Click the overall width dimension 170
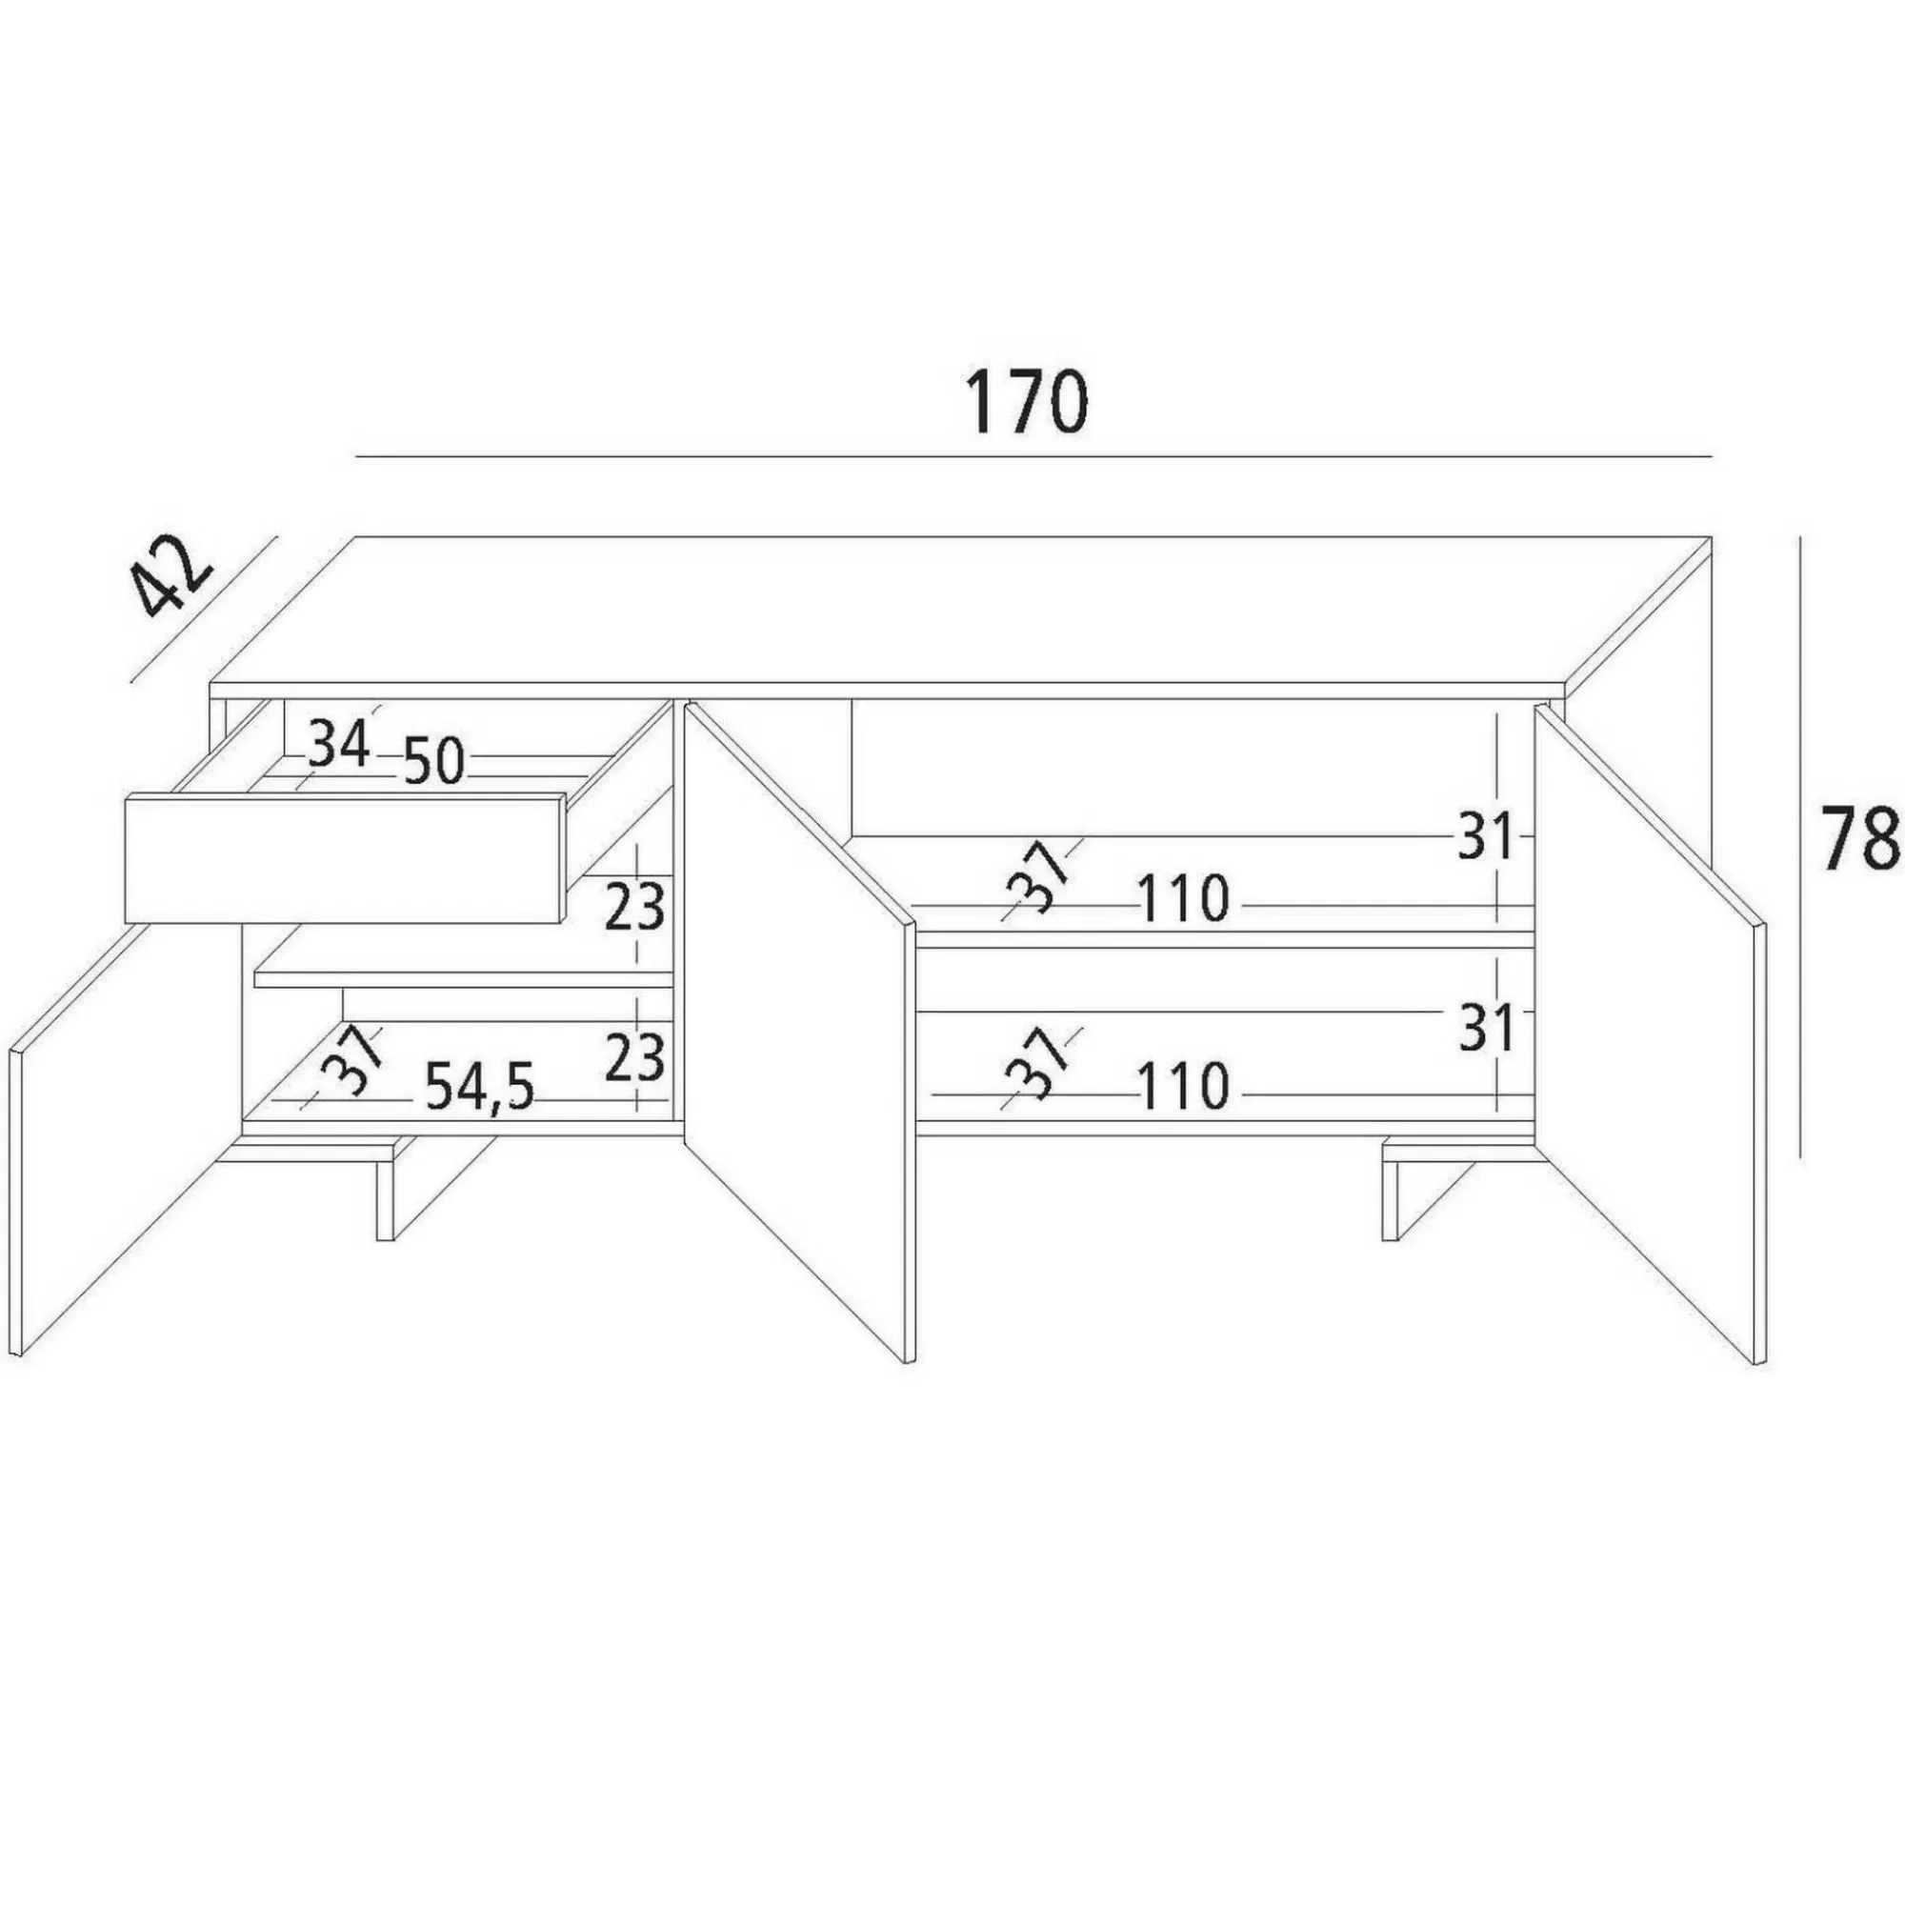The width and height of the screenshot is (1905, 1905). coord(1027,402)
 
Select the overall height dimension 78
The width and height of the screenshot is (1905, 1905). coord(1858,838)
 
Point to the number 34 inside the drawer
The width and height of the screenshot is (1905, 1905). coord(339,744)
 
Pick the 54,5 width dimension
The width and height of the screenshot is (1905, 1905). coord(479,1088)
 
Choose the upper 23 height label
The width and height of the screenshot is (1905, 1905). coord(634,907)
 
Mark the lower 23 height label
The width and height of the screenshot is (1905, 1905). coord(634,1056)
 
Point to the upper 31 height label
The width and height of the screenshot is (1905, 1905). coord(1486,839)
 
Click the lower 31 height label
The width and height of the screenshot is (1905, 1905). coord(1486,1030)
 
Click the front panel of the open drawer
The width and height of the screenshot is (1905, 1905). coord(345,857)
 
